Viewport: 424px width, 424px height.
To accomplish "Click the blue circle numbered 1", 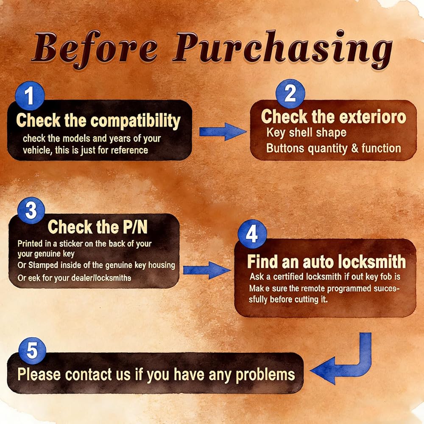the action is pos(30,96).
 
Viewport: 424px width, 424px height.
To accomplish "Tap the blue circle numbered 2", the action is pos(290,94).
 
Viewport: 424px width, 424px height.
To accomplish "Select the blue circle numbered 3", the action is pos(31,210).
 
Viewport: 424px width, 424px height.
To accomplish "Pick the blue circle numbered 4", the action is pos(252,234).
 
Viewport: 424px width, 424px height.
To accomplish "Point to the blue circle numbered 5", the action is pos(32,351).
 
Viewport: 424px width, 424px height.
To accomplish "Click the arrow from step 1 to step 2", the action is pos(223,132).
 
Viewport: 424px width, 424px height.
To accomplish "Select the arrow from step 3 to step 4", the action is pos(207,270).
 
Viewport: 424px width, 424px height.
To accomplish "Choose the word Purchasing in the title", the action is pos(282,48).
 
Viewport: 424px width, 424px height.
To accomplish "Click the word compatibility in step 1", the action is pos(135,120).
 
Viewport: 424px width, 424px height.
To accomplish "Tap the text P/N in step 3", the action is pos(135,226).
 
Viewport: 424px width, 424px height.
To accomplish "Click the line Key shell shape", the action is pos(307,133).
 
